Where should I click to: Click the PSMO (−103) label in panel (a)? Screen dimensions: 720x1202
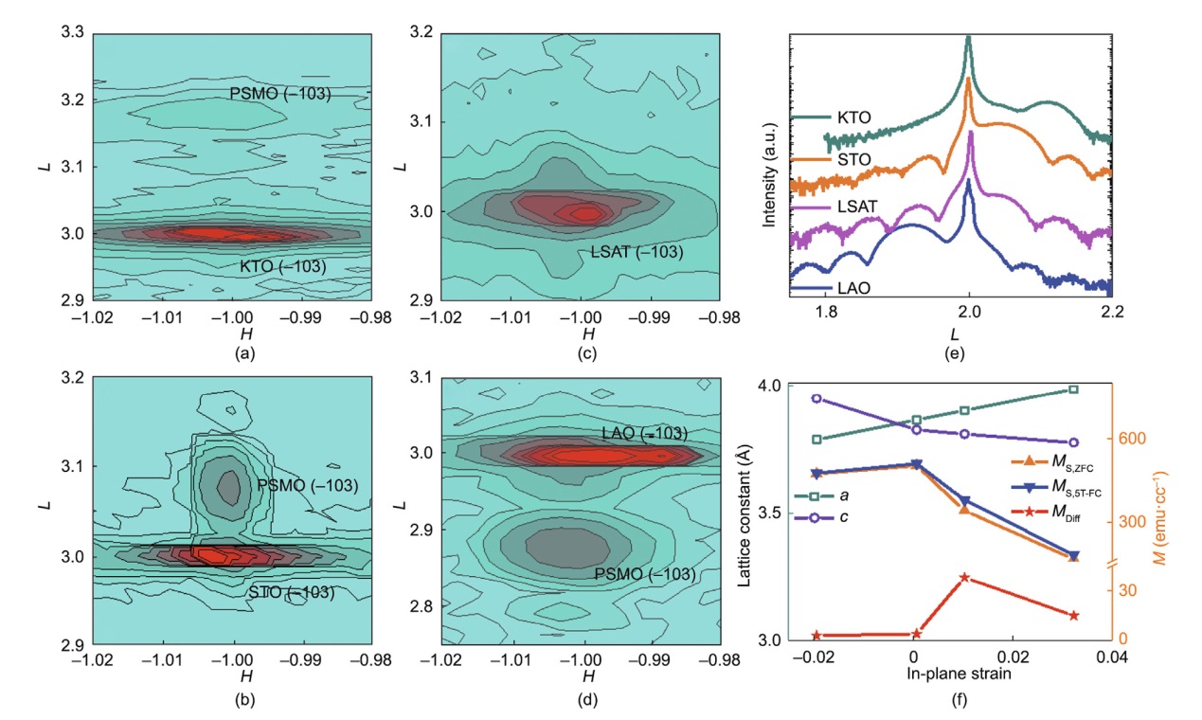click(x=280, y=93)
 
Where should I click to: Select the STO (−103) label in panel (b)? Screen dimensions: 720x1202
click(x=291, y=593)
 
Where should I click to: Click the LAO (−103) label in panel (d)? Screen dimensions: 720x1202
click(x=644, y=434)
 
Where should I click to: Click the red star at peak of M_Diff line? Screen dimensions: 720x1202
click(x=964, y=577)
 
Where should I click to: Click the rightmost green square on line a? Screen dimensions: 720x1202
click(x=1073, y=389)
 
